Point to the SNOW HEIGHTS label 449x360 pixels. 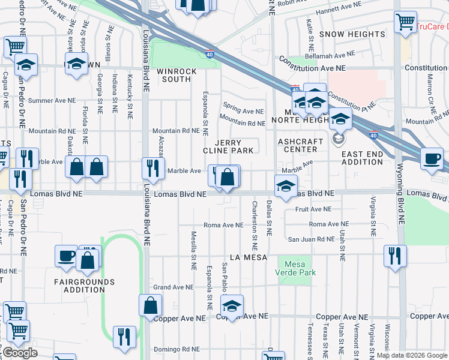pyautogui.click(x=352, y=34)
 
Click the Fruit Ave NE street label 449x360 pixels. pyautogui.click(x=313, y=209)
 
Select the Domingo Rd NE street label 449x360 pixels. pyautogui.click(x=176, y=349)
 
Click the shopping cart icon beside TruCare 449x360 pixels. pyautogui.click(x=405, y=22)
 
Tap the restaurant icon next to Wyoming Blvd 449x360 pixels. pyautogui.click(x=395, y=256)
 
